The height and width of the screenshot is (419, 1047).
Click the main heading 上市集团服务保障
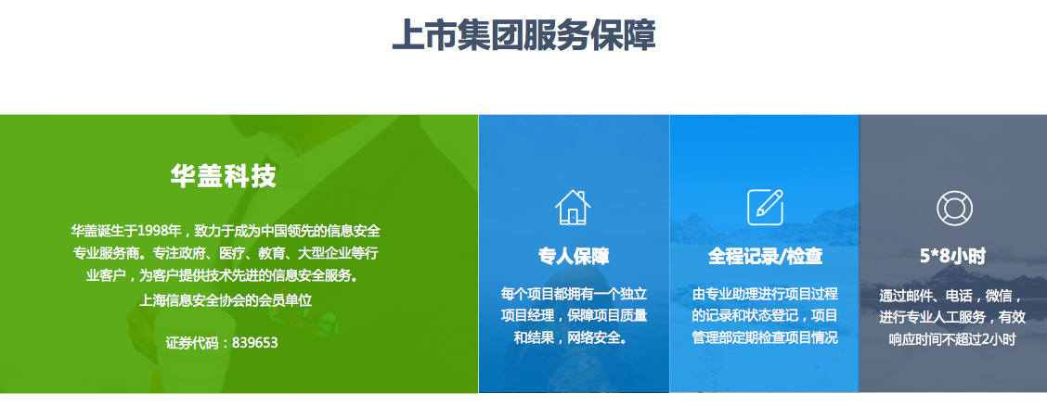point(523,35)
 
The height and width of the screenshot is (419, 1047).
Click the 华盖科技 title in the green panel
point(223,176)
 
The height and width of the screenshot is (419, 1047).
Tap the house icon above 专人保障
point(573,207)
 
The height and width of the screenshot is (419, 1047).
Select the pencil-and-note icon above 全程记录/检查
point(765,207)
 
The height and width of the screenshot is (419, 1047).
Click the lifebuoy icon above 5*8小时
point(954,209)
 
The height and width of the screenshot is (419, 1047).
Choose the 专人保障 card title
point(574,256)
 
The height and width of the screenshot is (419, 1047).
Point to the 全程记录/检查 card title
point(765,256)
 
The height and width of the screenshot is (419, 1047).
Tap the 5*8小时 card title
point(953,257)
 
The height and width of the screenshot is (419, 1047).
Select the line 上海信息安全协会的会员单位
point(226,300)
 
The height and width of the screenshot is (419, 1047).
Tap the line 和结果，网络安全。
point(574,337)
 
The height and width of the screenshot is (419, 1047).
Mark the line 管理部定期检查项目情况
point(765,337)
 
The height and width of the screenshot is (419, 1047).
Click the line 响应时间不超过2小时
point(952,339)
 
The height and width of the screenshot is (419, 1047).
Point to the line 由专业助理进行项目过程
point(765,294)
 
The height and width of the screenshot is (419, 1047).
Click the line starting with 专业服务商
point(226,254)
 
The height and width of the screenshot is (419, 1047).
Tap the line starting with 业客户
point(226,275)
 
